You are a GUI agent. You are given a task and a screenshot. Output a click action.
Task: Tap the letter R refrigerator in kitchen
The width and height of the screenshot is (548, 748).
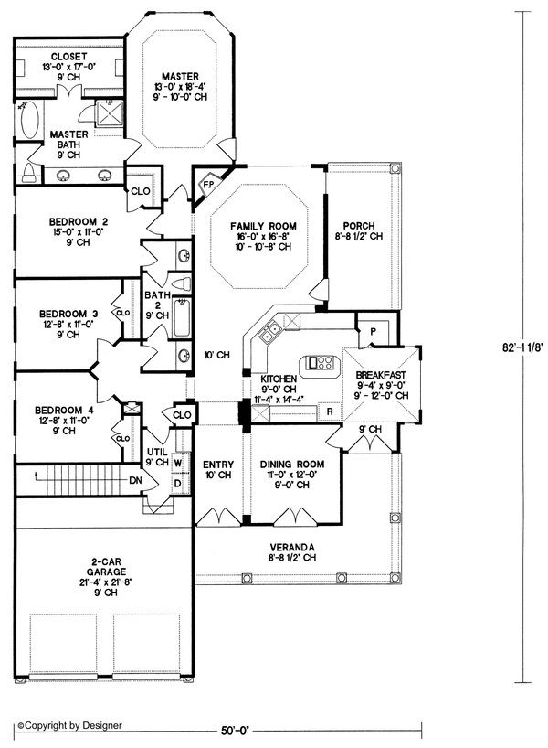[328, 412]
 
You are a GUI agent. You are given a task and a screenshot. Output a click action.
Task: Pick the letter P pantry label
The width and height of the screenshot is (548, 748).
[374, 331]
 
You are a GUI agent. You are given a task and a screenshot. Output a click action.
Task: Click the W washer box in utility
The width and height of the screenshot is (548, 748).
[178, 461]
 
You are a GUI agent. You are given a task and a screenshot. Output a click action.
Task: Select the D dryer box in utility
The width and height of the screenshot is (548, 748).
[178, 482]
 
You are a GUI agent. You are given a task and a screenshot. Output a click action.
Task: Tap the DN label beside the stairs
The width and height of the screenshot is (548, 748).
[134, 479]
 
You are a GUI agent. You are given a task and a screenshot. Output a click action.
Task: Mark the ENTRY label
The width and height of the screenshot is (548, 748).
[217, 463]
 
